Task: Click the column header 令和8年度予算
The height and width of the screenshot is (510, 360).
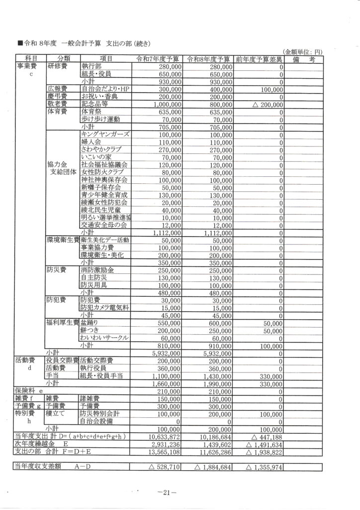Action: [x=209, y=60]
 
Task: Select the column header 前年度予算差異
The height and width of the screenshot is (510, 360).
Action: [x=259, y=60]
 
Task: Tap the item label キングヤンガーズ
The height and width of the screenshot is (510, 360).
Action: [x=105, y=135]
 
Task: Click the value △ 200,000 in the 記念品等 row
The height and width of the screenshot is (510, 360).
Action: [x=265, y=105]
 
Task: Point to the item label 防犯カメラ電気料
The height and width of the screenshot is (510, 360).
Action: [x=104, y=308]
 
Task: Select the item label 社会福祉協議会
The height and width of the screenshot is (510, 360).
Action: [x=104, y=164]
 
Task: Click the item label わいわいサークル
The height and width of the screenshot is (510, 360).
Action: [x=105, y=338]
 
